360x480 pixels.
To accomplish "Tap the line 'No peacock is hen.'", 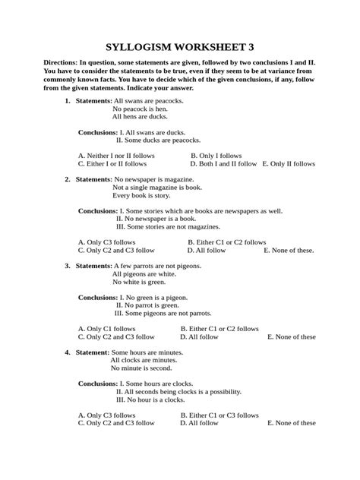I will point(140,109).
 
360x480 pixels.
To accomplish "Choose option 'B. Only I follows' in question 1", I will point(216,155).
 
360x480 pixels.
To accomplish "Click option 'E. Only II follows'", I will point(289,163).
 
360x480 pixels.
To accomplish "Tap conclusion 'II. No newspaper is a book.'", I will point(156,218).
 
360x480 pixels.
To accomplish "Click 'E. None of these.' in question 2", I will point(289,250).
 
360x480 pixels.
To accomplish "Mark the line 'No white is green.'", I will point(139,283).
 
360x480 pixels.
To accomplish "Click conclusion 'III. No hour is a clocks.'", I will point(153,399).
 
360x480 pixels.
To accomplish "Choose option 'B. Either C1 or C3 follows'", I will point(219,415).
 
